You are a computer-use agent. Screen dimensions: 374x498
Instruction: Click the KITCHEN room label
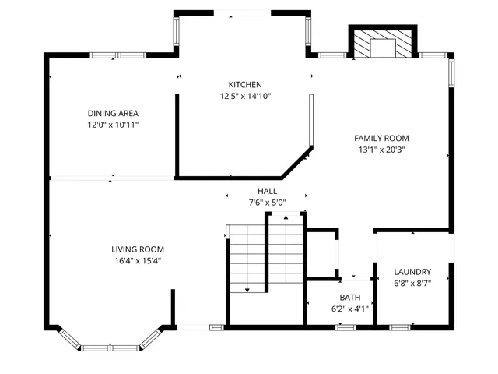pos(244,85)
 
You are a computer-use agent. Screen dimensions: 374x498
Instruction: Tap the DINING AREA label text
pos(113,113)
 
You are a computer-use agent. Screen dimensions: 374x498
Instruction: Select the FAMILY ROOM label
pos(382,138)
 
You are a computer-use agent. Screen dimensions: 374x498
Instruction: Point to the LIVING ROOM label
pos(137,249)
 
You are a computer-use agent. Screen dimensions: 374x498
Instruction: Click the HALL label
pos(267,191)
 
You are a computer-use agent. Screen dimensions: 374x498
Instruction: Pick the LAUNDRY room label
pos(412,272)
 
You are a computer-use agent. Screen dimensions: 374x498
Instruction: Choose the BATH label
pos(349,298)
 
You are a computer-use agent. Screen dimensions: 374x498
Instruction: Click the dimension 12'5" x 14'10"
pos(244,97)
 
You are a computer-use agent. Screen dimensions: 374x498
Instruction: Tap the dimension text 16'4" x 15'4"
pos(137,261)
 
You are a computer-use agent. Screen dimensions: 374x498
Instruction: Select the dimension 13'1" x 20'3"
pos(382,150)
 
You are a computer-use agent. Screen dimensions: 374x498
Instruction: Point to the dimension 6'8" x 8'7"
pos(412,284)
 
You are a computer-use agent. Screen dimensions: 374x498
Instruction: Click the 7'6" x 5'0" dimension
pos(267,203)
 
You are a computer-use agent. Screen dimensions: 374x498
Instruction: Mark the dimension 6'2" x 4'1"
pos(349,309)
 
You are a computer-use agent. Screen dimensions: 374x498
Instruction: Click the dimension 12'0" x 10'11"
pos(113,125)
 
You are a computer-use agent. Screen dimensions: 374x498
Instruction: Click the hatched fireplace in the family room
pos(382,44)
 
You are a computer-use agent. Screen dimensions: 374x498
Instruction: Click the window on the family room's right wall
pos(451,71)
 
